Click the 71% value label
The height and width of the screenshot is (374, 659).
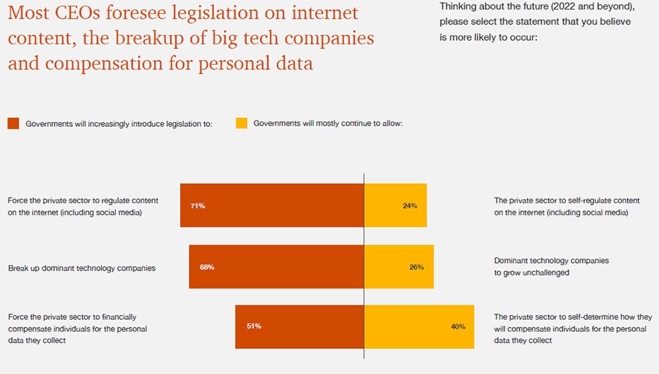[198, 206]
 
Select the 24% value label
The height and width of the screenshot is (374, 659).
[409, 206]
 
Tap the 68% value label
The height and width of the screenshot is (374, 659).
[207, 267]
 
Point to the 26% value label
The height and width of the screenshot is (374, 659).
[416, 267]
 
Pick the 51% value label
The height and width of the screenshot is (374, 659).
[253, 326]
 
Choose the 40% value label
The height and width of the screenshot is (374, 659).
[458, 326]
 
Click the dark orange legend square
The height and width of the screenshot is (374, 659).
[13, 124]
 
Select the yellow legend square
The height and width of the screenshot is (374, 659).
[241, 124]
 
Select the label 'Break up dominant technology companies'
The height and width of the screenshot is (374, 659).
[82, 267]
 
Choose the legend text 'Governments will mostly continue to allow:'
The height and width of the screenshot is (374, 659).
[328, 124]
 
